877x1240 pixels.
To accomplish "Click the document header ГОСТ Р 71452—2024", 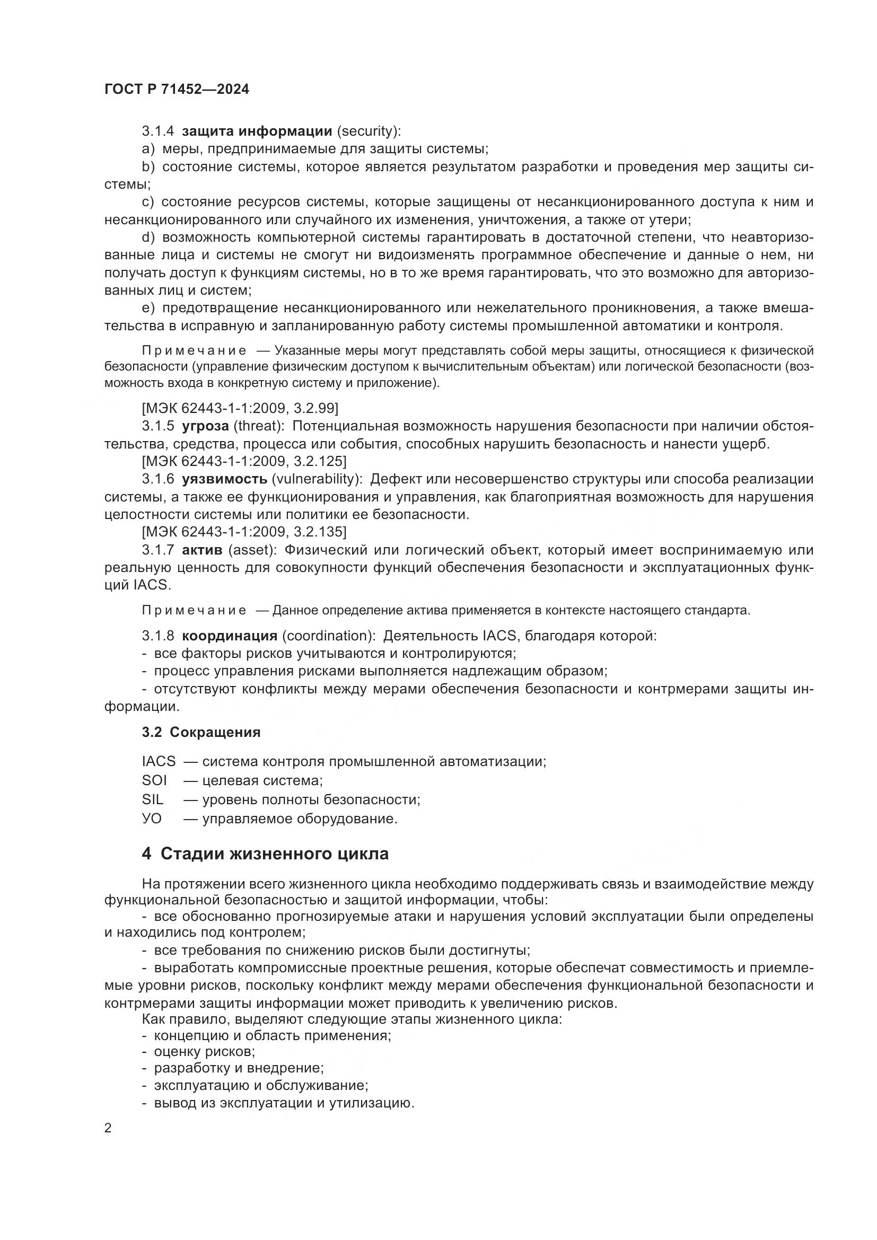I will pyautogui.click(x=177, y=90).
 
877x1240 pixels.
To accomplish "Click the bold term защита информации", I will pyautogui.click(x=257, y=131).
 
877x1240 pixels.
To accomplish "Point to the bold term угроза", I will pyautogui.click(x=205, y=426).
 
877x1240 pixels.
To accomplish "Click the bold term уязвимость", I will pyautogui.click(x=224, y=479).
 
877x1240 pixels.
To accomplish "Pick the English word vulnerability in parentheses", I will pyautogui.click(x=315, y=479).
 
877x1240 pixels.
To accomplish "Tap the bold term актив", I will pyautogui.click(x=202, y=550).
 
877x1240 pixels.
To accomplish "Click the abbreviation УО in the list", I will pyautogui.click(x=152, y=818).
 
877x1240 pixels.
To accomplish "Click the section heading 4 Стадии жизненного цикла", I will pyautogui.click(x=265, y=854).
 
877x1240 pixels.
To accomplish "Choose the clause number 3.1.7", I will pyautogui.click(x=157, y=550).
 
